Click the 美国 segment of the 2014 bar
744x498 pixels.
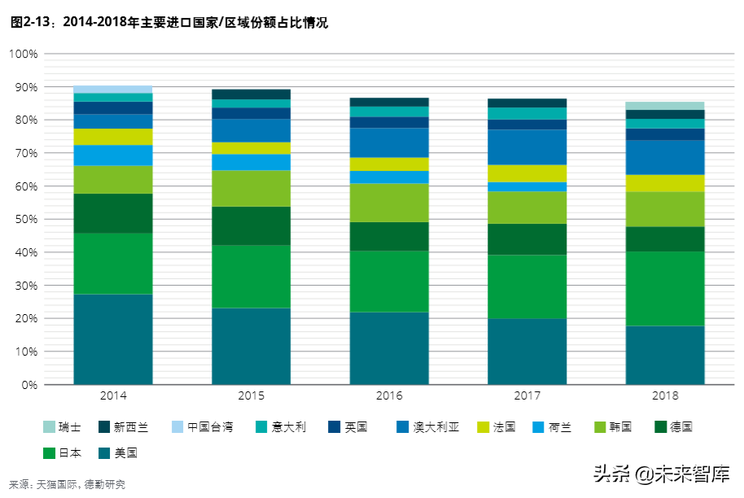coord(113,339)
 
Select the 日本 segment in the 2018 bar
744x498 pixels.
coord(664,288)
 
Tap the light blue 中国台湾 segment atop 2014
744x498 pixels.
coord(113,89)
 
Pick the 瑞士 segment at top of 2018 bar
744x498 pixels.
coord(664,106)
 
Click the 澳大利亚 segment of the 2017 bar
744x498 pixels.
coord(527,147)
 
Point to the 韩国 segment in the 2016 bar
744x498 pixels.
coord(389,203)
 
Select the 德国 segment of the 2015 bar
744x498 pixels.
coord(251,225)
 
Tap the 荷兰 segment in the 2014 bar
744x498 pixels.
coord(113,155)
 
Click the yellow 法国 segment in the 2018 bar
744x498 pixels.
coord(664,183)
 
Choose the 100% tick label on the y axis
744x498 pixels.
coord(24,54)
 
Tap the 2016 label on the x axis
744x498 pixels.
coord(389,396)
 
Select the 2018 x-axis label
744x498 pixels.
coord(664,396)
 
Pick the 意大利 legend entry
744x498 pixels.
coord(281,426)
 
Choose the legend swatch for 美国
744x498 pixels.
coord(105,452)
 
